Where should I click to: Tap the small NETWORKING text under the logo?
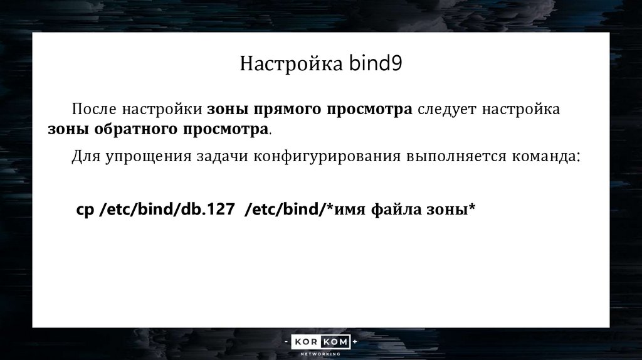(320, 354)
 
